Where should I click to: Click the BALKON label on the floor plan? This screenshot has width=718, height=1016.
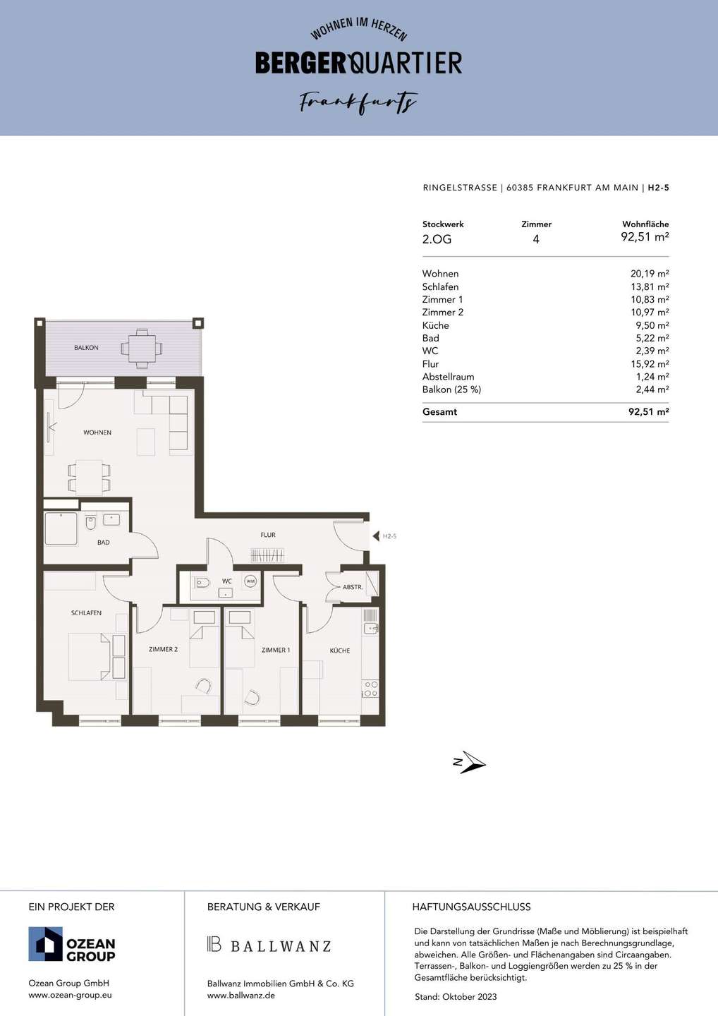[86, 347]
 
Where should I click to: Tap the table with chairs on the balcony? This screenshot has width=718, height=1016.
[142, 349]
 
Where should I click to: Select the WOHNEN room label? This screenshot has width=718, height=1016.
[97, 433]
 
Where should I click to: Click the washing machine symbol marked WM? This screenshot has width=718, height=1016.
[250, 581]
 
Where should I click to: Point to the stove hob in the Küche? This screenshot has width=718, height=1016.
[370, 689]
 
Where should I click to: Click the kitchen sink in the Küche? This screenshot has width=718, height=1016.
[371, 628]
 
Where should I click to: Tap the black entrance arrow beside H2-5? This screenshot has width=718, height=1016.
[376, 536]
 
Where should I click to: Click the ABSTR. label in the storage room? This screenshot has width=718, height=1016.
[353, 587]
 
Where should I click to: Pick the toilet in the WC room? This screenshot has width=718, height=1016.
[202, 582]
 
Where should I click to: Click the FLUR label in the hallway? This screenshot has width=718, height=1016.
[268, 535]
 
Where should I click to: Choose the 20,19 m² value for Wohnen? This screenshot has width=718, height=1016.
[650, 274]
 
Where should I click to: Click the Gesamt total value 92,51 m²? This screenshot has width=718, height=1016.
[648, 412]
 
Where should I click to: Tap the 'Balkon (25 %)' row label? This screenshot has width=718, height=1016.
[451, 389]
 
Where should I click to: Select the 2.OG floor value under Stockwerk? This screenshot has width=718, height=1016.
[437, 239]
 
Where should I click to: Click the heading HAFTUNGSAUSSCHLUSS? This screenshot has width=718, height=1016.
[471, 907]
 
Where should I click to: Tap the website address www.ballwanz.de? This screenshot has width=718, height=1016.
[241, 996]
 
